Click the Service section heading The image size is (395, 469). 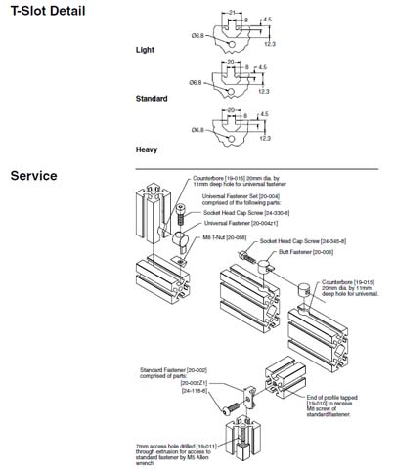tap(33, 176)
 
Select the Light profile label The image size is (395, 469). tap(145, 49)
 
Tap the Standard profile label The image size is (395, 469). tap(152, 99)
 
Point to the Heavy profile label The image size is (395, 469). tap(147, 149)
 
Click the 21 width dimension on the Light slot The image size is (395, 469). tap(231, 12)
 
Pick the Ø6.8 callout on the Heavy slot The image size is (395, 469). tap(197, 129)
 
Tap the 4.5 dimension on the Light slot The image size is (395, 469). tap(266, 19)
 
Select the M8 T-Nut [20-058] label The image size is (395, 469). tap(224, 236)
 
